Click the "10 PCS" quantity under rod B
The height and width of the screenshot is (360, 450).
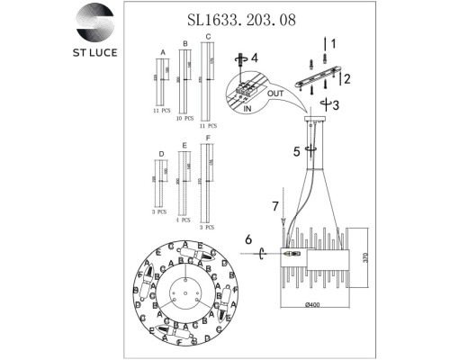[x=185, y=117]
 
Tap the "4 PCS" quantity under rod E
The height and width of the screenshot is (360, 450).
[x=184, y=220]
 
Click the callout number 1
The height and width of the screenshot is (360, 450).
[x=331, y=42]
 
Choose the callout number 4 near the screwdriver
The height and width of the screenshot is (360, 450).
[x=255, y=58]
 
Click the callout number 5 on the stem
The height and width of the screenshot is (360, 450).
[x=297, y=150]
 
